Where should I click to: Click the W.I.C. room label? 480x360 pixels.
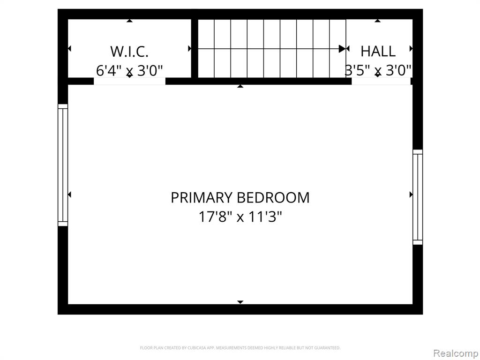129,52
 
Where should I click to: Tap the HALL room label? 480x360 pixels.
378,51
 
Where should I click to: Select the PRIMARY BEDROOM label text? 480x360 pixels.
240,197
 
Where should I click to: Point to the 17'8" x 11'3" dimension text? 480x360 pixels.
240,217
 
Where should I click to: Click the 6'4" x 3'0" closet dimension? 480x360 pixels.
129,71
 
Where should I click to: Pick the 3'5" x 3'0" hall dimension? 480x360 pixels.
378,70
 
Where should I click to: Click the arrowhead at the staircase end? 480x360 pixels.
342,49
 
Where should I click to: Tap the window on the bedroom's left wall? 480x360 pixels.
63,165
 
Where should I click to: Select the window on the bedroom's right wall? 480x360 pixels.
418,197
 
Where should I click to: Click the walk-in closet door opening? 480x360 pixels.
129,81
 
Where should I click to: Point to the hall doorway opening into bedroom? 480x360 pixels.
381,81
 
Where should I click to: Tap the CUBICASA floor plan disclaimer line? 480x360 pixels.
240,348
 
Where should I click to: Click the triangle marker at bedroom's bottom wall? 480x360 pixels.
240,302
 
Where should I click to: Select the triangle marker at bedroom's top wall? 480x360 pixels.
240,86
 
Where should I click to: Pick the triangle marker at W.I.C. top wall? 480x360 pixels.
130,21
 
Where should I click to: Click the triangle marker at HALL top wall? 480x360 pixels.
378,21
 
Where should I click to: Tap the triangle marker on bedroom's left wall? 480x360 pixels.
69,195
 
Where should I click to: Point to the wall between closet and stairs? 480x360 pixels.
195,48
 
